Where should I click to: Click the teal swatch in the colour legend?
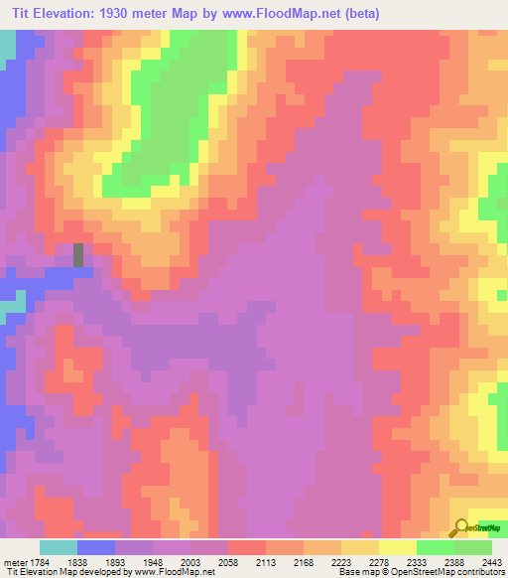[x=58, y=547]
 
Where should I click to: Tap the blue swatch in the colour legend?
[x=95, y=547]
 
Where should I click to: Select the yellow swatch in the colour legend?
[x=397, y=547]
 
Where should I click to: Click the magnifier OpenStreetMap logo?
[x=461, y=529]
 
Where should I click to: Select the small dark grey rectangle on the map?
[x=78, y=254]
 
